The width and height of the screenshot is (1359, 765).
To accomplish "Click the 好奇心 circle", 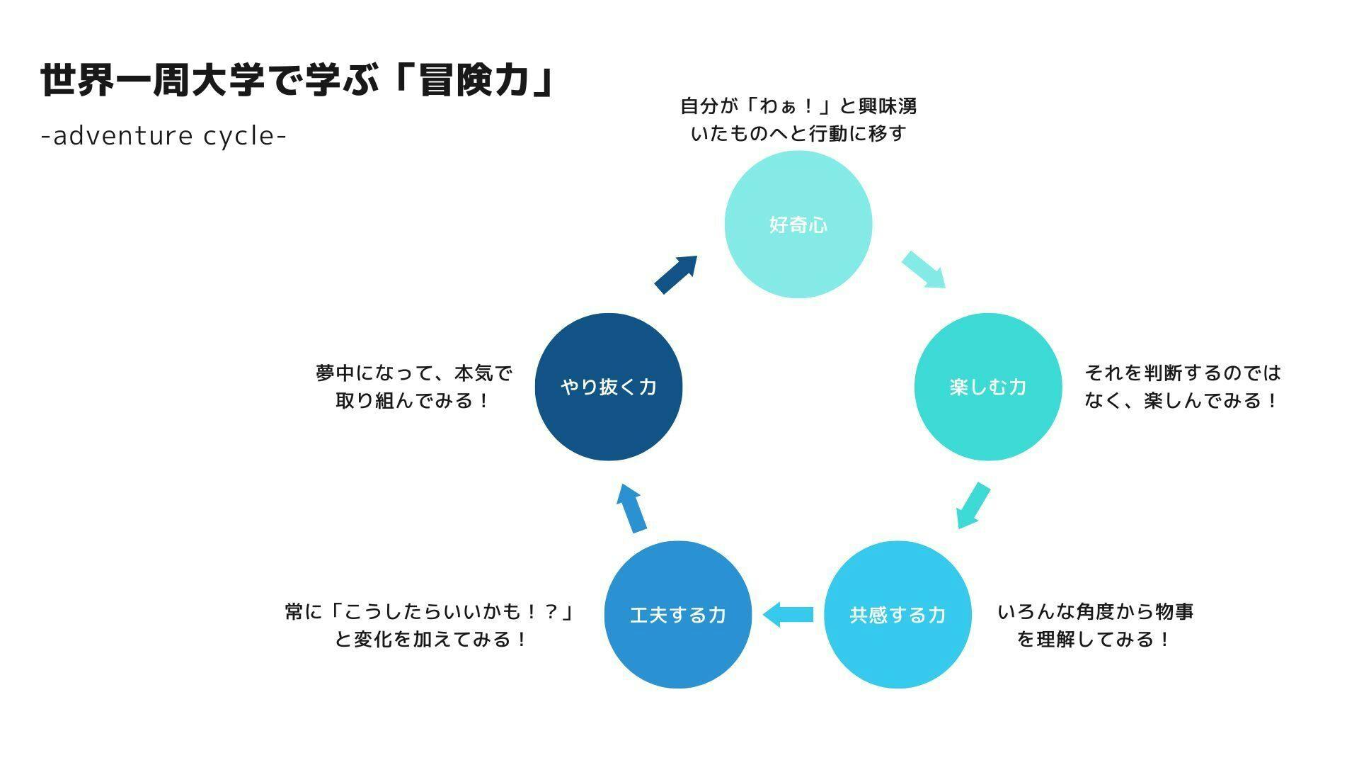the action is click(x=798, y=225).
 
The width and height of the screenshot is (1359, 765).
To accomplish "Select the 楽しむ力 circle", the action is click(x=988, y=387).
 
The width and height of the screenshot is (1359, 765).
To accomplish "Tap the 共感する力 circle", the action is click(x=898, y=614).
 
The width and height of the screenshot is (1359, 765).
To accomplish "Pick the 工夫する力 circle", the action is click(x=678, y=614).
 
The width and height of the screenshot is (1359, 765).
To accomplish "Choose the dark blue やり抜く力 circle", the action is click(x=609, y=387).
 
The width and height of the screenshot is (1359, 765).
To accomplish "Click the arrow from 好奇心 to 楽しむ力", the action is click(x=924, y=270).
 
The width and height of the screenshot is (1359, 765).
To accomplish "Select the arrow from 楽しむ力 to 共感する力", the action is click(x=973, y=506).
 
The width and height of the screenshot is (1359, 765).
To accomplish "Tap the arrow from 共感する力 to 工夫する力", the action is click(x=788, y=614).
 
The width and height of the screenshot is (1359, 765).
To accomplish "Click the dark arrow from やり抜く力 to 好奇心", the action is click(x=676, y=274).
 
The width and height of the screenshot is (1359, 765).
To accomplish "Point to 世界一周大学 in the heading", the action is click(x=151, y=80).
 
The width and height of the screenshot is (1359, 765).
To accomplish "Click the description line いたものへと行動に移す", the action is click(x=798, y=133).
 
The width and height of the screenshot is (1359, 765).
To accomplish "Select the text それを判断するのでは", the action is click(x=1183, y=373).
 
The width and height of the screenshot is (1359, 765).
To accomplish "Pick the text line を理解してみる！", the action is click(x=1095, y=640).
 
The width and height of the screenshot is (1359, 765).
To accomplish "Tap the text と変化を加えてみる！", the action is click(x=430, y=640).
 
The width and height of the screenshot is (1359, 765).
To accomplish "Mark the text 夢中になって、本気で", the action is click(x=413, y=373).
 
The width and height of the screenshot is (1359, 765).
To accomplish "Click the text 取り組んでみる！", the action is click(x=413, y=401).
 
